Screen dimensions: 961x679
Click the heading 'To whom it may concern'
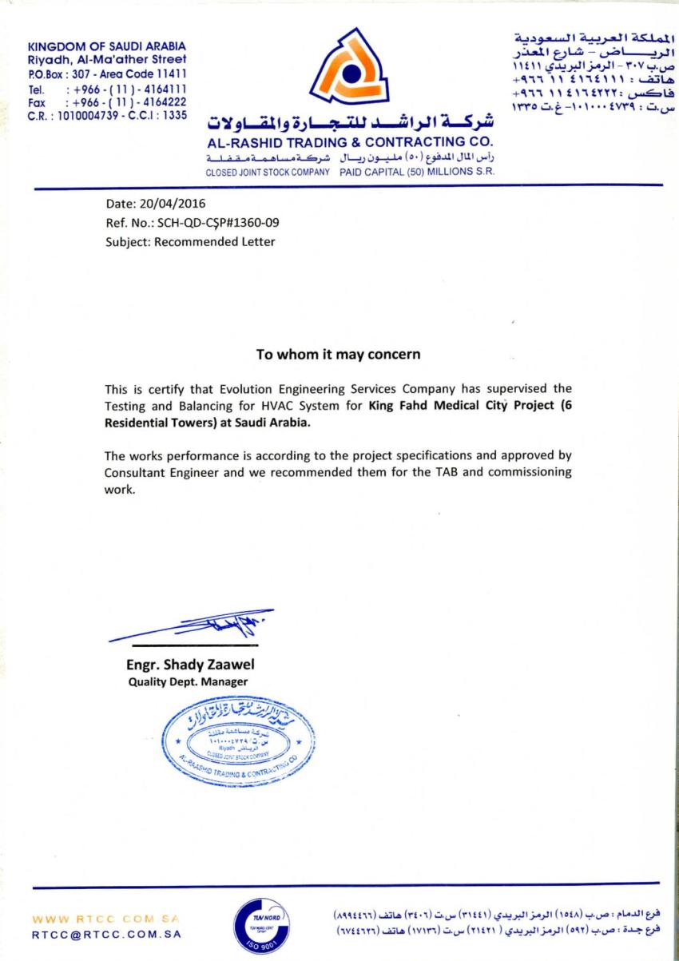pos(338,353)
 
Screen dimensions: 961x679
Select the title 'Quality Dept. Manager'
pos(188,681)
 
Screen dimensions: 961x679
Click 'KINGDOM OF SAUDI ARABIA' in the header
pos(106,46)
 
